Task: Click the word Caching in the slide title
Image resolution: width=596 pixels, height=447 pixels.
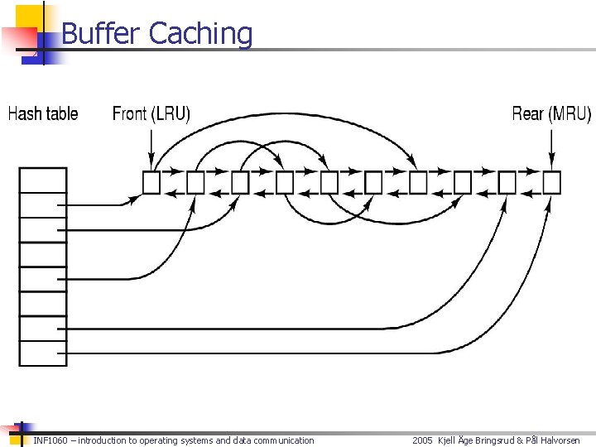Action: coord(200,34)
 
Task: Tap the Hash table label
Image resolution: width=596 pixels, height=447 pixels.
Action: coord(43,114)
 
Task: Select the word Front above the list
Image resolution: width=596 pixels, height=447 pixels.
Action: coord(130,114)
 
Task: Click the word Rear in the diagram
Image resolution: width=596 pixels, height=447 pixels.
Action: coord(527,114)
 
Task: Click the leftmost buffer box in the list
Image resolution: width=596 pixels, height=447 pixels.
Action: coord(151,182)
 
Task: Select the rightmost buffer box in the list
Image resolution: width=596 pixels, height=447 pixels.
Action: coord(552,182)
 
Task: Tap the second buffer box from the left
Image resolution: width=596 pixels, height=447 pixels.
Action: coord(196,182)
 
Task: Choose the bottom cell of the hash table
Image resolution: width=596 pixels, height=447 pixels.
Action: coord(43,353)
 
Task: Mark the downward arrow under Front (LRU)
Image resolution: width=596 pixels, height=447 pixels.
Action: coord(151,151)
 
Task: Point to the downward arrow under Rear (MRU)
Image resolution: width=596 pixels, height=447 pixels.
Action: coord(552,151)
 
